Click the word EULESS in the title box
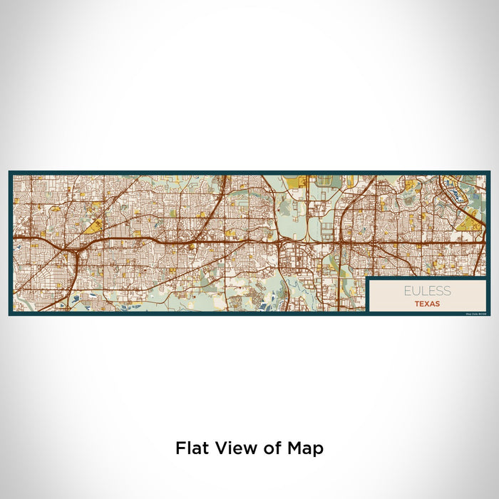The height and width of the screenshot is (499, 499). pos(427,291)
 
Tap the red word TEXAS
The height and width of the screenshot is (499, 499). pos(427,303)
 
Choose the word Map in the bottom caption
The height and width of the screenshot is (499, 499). pos(305,448)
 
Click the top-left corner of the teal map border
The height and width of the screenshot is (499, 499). pos(10,172)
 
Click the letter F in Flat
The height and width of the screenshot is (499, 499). pos(179,448)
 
